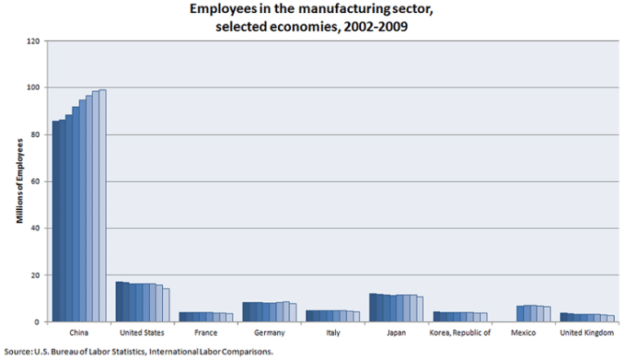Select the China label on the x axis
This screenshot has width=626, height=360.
79,333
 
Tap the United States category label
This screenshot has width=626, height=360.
143,333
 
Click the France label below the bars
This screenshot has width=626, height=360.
207,333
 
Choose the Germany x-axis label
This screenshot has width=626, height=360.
271,333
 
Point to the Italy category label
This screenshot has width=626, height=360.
334,333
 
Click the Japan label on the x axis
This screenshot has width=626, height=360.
398,333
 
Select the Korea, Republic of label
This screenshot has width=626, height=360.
461,333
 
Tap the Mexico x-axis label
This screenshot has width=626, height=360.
525,333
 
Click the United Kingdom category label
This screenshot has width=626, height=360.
589,333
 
